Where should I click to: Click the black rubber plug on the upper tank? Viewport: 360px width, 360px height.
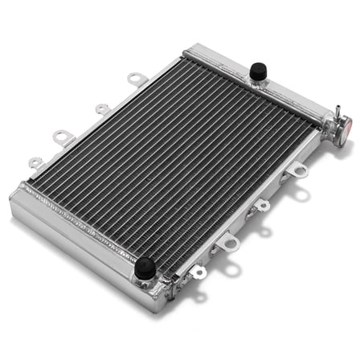(259, 71)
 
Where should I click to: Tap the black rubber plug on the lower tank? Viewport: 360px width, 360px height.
(145, 267)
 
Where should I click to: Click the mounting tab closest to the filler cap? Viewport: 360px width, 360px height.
(297, 170)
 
